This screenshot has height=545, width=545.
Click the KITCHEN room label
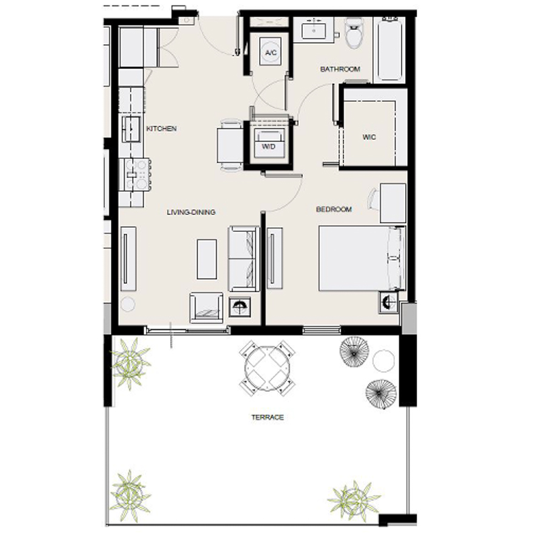click(162, 129)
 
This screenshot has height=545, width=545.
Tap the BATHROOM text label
click(340, 69)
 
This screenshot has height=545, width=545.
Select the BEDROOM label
click(334, 210)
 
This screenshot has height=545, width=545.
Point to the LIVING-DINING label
click(191, 213)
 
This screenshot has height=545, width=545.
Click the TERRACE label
click(267, 417)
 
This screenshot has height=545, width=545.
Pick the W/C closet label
click(369, 137)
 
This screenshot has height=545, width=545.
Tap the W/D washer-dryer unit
click(268, 145)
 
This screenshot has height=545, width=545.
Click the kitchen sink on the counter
click(131, 128)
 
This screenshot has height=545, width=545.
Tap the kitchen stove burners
click(136, 174)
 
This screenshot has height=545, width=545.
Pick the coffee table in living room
click(206, 259)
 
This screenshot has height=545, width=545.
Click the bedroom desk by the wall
click(392, 203)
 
